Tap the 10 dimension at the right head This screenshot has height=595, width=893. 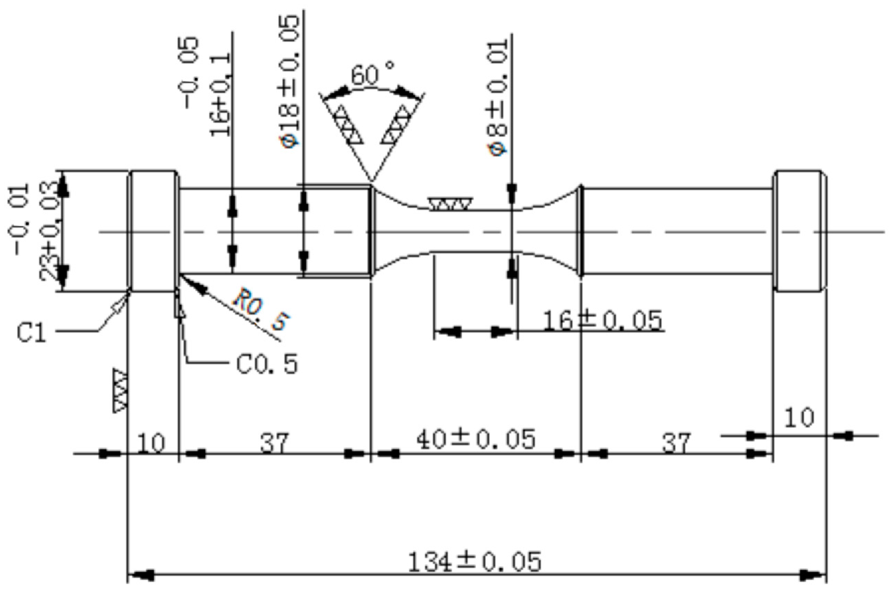[x=799, y=417]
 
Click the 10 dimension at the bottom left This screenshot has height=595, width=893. [x=151, y=443]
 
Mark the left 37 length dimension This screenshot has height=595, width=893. [x=274, y=443]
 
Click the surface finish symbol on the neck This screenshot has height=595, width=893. [x=451, y=204]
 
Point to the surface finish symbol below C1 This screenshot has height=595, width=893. [x=120, y=390]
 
